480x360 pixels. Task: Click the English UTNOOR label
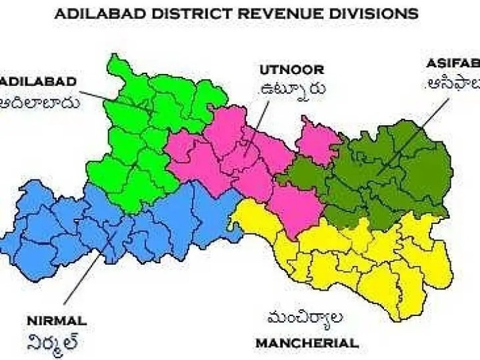click(x=292, y=69)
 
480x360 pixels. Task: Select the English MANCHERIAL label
click(x=307, y=343)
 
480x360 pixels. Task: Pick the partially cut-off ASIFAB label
click(x=453, y=63)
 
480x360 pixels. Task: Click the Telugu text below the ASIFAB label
click(x=453, y=85)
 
